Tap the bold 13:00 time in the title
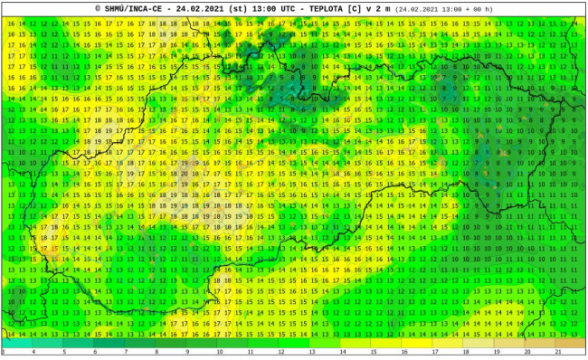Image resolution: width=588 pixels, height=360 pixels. click(x=257, y=8)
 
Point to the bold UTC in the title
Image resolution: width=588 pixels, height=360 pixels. click(x=284, y=8)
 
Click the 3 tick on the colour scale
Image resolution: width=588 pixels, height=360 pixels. click(x=3, y=353)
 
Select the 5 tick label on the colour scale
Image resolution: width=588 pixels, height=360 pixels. click(x=64, y=353)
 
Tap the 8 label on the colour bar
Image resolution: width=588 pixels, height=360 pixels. click(x=156, y=353)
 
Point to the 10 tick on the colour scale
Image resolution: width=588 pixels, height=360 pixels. click(x=219, y=353)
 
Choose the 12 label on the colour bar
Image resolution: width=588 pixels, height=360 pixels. click(x=280, y=353)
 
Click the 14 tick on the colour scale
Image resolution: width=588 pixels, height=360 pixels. click(x=342, y=353)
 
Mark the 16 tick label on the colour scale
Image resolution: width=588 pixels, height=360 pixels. click(x=404, y=353)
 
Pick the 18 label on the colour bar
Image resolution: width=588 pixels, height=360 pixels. click(x=466, y=353)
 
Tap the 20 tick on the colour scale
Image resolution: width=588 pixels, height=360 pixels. click(x=527, y=353)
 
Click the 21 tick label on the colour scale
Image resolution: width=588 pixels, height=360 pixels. click(x=558, y=353)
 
